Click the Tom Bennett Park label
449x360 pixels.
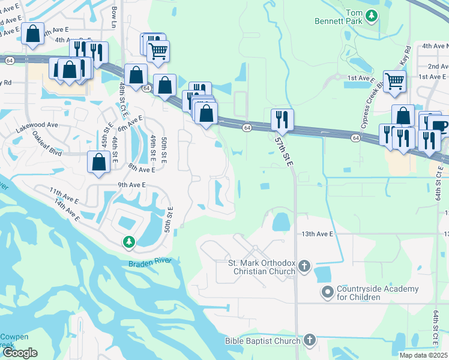click(x=339, y=17)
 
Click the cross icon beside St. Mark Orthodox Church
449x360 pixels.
click(x=304, y=266)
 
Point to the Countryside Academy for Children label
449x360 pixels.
click(x=377, y=293)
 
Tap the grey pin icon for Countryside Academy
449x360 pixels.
click(x=327, y=293)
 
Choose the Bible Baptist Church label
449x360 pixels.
click(x=262, y=341)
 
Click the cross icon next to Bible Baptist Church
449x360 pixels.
click(x=309, y=341)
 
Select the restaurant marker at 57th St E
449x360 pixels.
click(x=282, y=119)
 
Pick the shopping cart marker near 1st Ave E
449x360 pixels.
click(x=394, y=81)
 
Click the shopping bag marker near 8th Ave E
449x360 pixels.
click(x=98, y=161)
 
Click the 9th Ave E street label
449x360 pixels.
click(x=132, y=185)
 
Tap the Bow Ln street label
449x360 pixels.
click(x=114, y=13)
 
